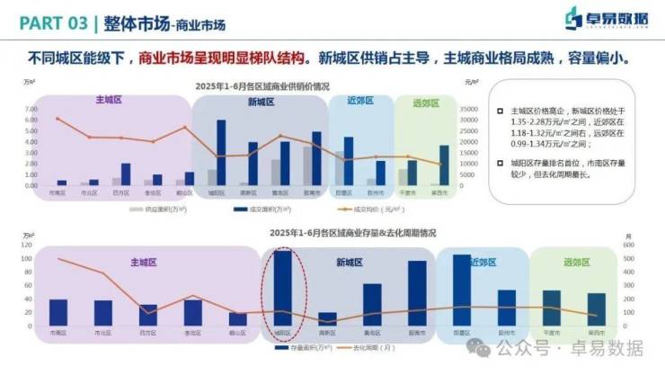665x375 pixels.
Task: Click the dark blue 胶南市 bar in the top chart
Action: click(316, 158)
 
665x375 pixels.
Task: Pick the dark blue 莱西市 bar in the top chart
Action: click(444, 165)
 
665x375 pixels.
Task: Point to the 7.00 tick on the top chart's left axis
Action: click(31, 109)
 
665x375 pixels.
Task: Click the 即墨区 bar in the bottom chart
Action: click(462, 290)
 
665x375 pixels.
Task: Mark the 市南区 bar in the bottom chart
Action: click(59, 312)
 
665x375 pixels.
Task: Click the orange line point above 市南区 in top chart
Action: click(58, 119)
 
